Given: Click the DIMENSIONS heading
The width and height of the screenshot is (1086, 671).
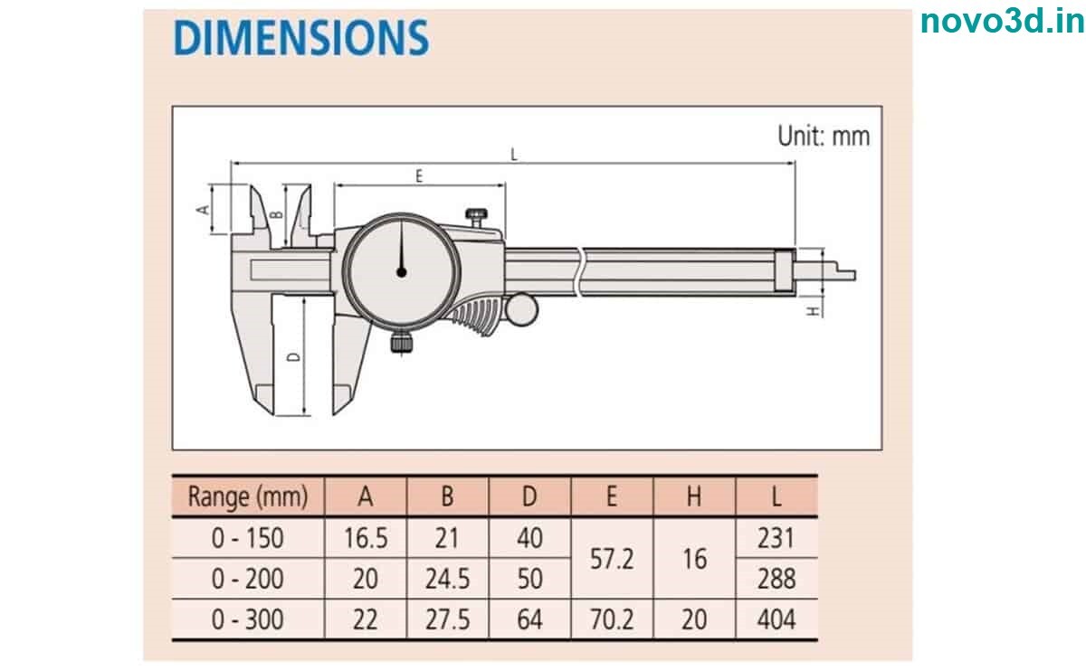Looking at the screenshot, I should click(300, 38).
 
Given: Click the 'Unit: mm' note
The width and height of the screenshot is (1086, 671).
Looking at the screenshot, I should click(824, 136).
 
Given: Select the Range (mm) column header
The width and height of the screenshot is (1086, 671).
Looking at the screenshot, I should click(247, 496).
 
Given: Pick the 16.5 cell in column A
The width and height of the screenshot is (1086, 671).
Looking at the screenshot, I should click(366, 538).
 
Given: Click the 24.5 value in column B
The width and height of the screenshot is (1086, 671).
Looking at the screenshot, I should click(447, 579).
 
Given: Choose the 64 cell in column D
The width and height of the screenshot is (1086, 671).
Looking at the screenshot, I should click(529, 619).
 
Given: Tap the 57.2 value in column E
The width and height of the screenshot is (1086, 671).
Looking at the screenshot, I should click(611, 558).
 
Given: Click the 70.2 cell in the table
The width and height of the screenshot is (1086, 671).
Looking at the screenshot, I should click(611, 619).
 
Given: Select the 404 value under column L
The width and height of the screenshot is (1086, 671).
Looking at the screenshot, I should click(776, 619).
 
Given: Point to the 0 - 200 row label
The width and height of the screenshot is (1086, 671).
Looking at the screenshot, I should click(247, 579).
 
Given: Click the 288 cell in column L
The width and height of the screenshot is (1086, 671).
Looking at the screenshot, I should click(776, 579).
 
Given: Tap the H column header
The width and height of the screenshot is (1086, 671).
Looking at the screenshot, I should click(693, 496).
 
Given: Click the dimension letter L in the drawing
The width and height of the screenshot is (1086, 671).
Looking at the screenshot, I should click(514, 155).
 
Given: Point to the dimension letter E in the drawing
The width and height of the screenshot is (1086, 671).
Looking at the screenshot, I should click(419, 176).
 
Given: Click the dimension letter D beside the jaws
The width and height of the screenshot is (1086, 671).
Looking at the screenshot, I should click(293, 357).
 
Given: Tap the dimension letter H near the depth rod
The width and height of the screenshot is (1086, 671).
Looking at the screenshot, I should click(813, 310).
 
